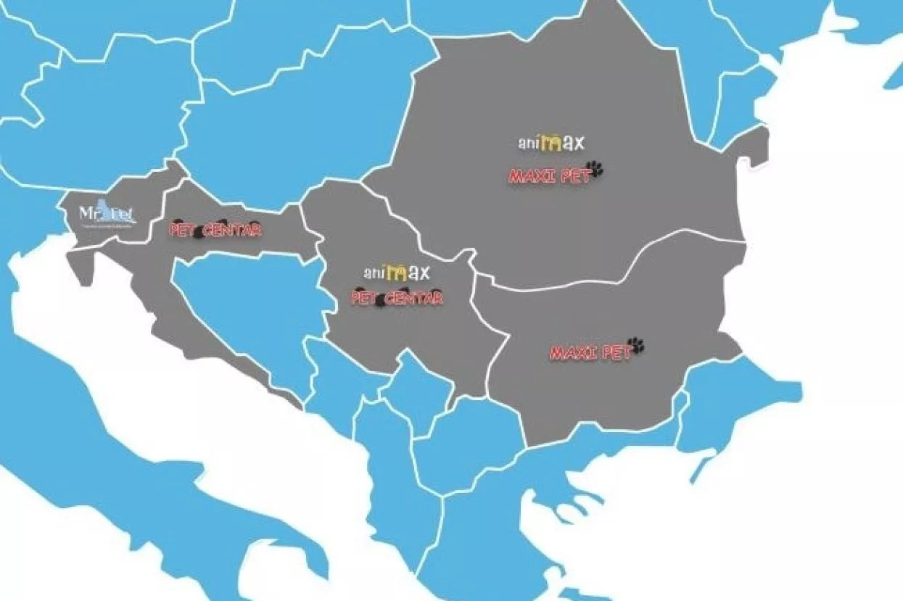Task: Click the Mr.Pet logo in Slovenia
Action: tap(107, 215)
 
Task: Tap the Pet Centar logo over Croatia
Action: tap(215, 231)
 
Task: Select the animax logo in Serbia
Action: tap(397, 273)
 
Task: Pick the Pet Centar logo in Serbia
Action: tap(397, 297)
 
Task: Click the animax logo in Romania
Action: tap(551, 143)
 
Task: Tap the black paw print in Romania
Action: tap(595, 169)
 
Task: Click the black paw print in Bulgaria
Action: tap(636, 345)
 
